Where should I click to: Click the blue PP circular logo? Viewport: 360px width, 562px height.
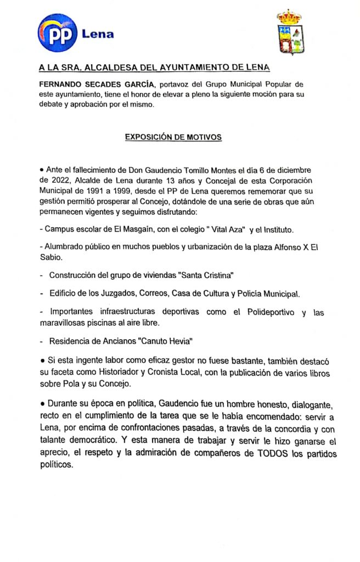click(57, 34)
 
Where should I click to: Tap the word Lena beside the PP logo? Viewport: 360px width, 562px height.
click(98, 35)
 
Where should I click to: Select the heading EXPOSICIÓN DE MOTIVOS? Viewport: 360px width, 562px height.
click(173, 137)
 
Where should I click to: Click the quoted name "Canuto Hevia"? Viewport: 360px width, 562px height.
click(164, 341)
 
